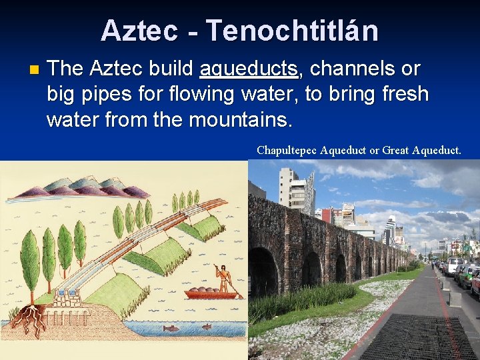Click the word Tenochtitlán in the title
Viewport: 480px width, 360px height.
click(x=292, y=31)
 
